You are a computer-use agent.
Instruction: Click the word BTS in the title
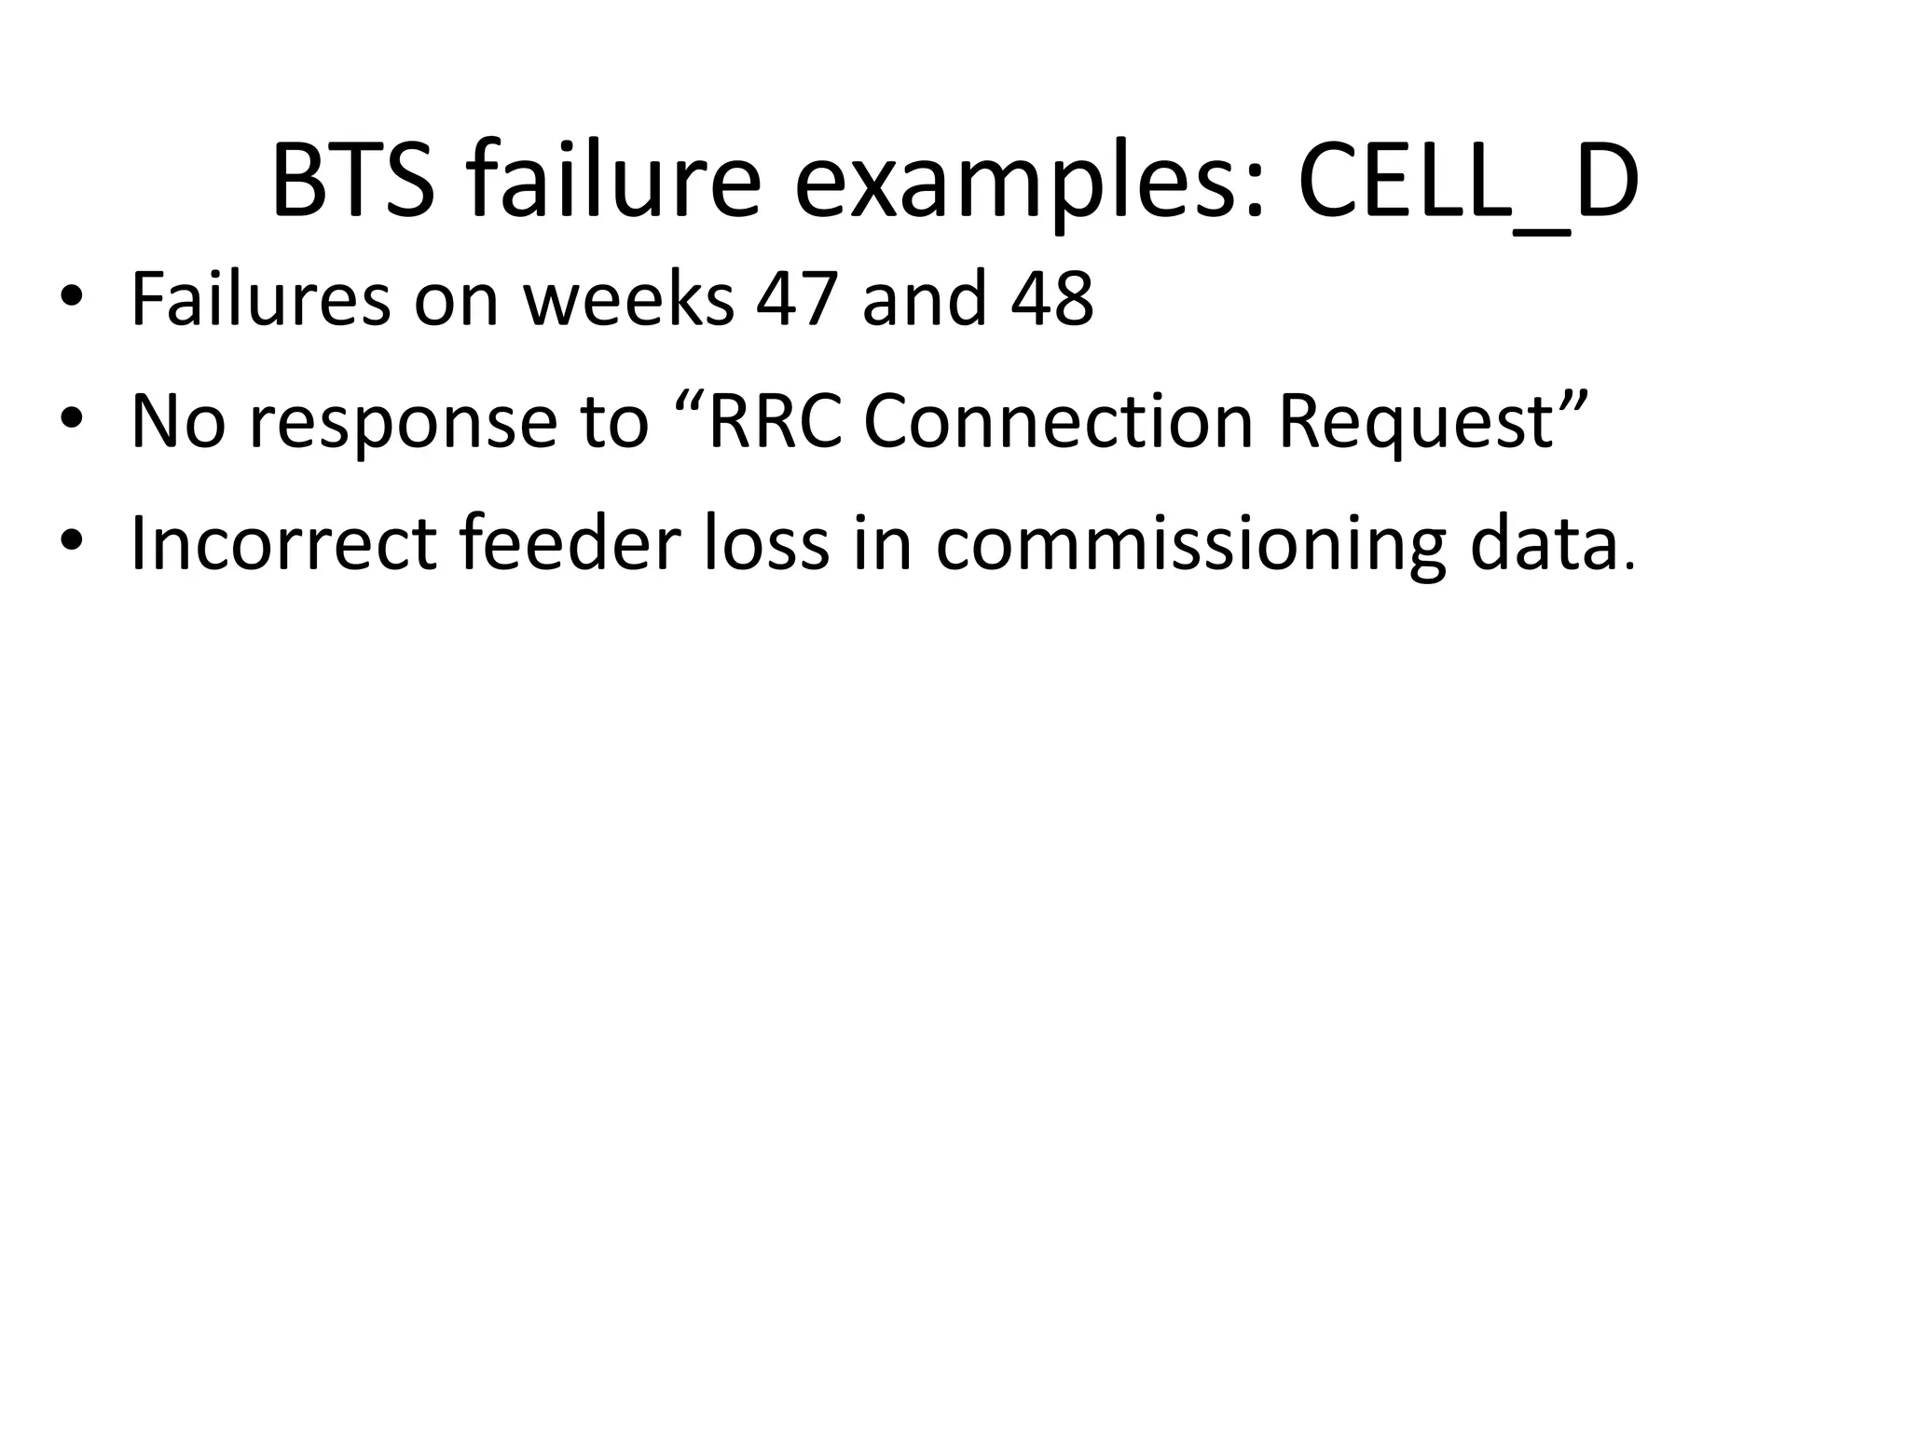click(x=352, y=183)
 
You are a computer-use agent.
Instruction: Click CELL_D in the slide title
click(x=1467, y=184)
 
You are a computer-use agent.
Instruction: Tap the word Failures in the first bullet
click(x=261, y=299)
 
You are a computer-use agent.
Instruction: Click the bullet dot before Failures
click(x=72, y=300)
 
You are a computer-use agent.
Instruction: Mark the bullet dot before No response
click(x=72, y=421)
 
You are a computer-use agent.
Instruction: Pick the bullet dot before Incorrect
click(x=72, y=543)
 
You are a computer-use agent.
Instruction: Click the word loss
click(x=766, y=543)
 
